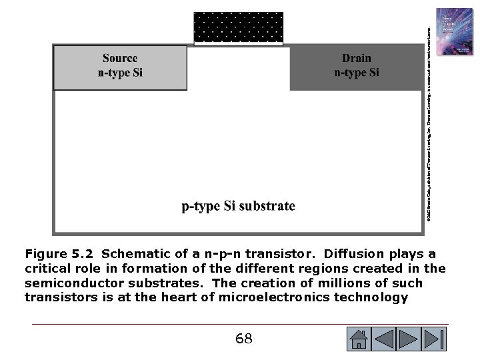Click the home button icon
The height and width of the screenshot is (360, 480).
click(x=359, y=339)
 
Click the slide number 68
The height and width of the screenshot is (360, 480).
click(x=244, y=339)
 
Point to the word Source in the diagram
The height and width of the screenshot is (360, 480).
click(x=120, y=58)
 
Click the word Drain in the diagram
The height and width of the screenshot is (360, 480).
click(x=357, y=58)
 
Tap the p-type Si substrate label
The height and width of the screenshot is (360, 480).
click(x=238, y=206)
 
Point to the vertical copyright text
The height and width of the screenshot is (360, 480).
click(x=430, y=120)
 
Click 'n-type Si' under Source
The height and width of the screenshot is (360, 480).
click(x=120, y=73)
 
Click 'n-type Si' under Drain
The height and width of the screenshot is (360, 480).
click(x=357, y=73)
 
